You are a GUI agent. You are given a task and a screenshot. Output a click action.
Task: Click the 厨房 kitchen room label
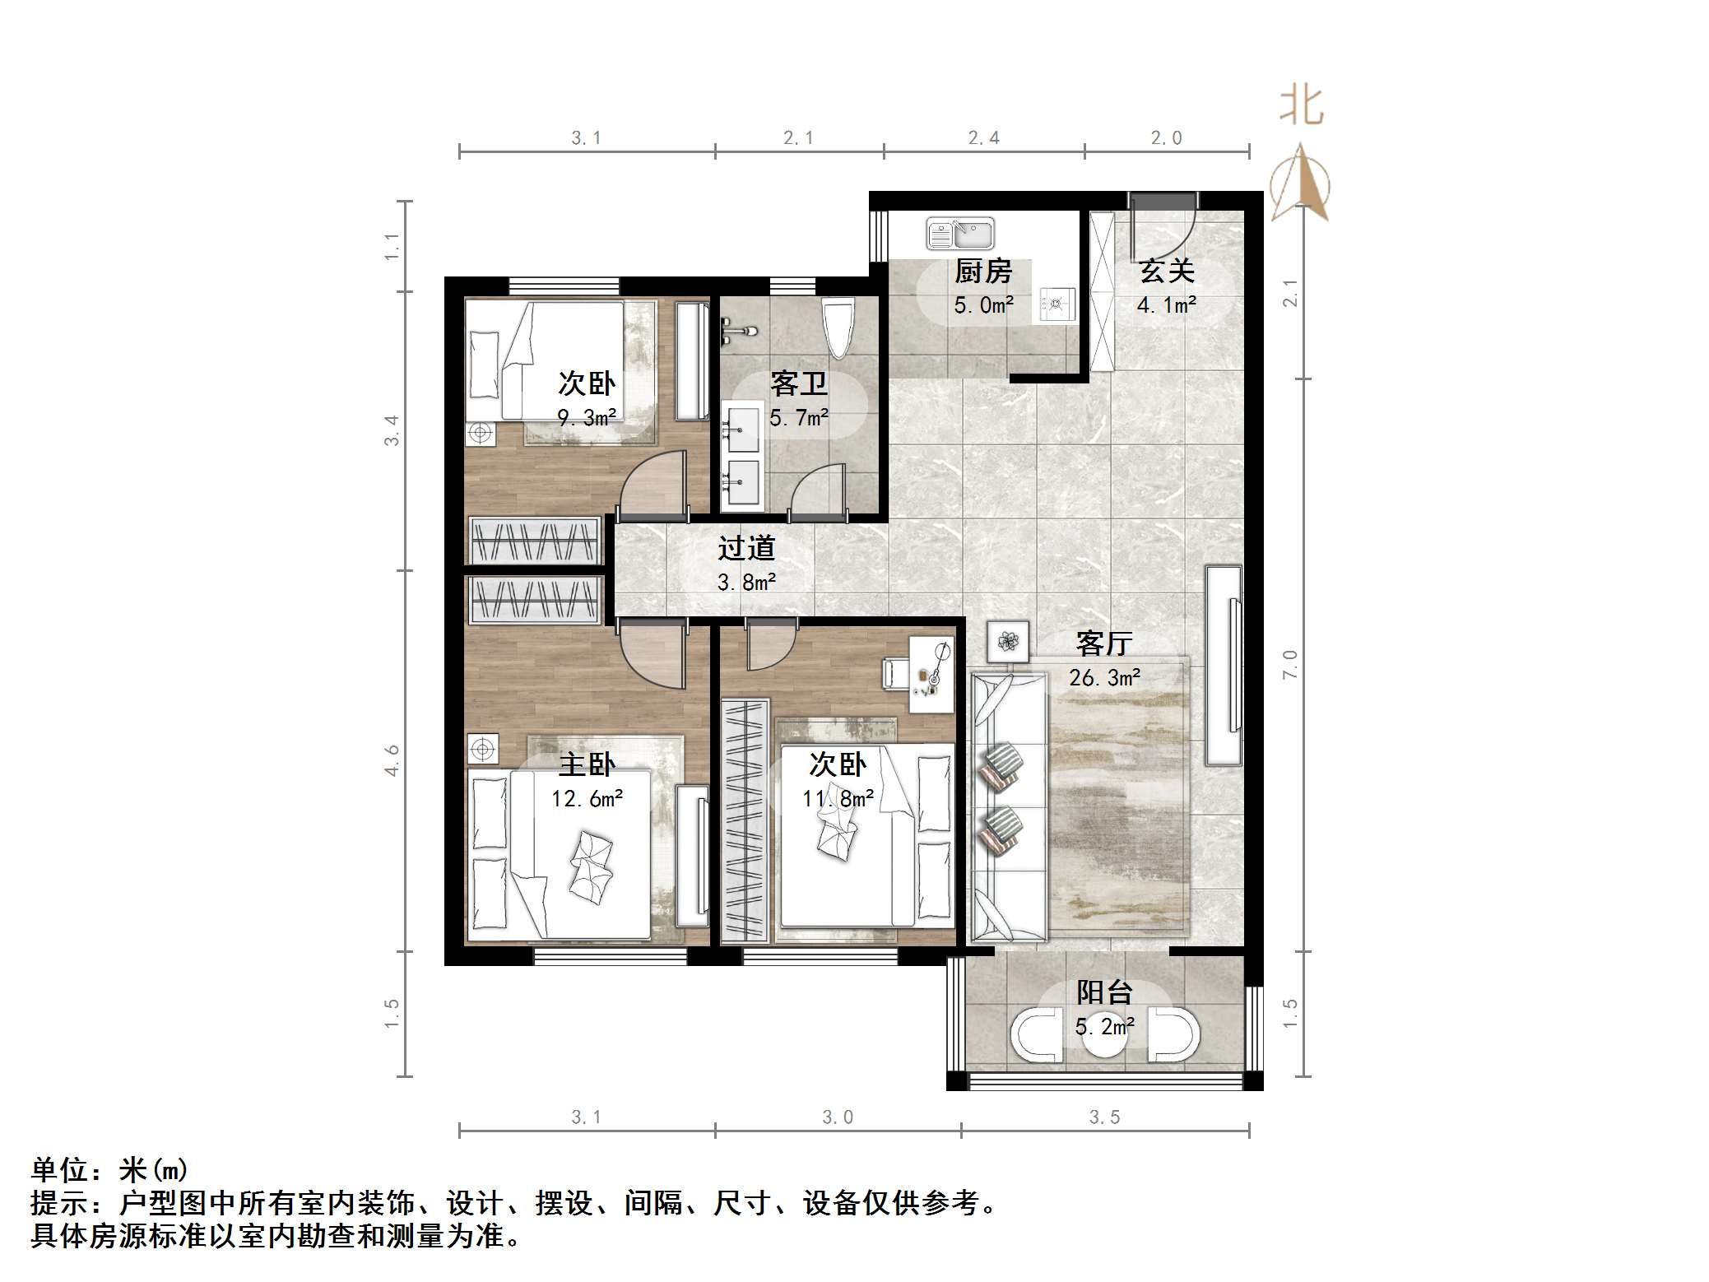[982, 271]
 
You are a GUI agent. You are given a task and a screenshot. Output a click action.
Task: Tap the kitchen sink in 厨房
[959, 234]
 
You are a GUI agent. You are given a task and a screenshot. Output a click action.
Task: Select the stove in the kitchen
[1057, 304]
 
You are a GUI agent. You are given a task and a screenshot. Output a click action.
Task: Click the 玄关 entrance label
[1166, 271]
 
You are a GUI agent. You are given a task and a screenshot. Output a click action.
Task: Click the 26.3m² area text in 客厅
[1103, 677]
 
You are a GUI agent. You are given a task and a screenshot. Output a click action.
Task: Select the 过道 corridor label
[745, 548]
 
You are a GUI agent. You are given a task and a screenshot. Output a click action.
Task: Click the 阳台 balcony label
[1103, 992]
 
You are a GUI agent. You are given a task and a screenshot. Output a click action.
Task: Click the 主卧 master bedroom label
[586, 764]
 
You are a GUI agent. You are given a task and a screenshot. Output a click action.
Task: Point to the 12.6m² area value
[586, 798]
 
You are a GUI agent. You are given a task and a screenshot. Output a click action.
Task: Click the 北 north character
[1301, 106]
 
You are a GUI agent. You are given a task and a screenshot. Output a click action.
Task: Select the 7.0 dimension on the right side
[1289, 664]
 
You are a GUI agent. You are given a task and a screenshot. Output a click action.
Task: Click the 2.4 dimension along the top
[983, 138]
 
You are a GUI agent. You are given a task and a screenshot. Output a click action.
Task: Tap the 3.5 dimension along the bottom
[1104, 1117]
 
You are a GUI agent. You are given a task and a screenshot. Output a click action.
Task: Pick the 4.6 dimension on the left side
[392, 759]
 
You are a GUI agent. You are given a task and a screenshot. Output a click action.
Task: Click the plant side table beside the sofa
[1008, 641]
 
